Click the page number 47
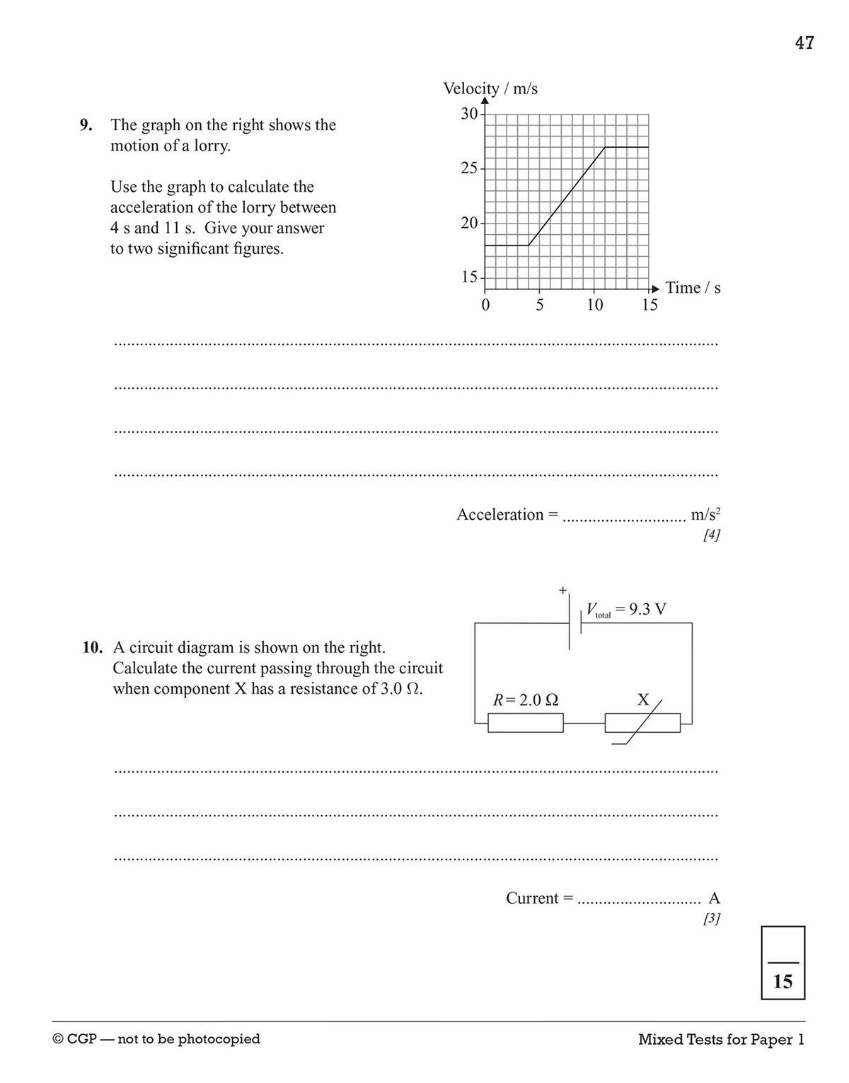click(804, 43)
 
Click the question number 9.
click(86, 125)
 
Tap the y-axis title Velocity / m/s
click(490, 88)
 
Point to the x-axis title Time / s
click(693, 288)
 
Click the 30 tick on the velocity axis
click(469, 114)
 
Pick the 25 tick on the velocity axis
click(469, 168)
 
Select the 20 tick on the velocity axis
click(469, 223)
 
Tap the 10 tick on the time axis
click(594, 306)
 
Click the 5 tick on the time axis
click(540, 306)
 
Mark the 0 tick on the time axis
click(485, 306)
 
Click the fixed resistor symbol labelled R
click(526, 723)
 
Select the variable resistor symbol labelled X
click(642, 723)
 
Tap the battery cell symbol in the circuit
click(574, 622)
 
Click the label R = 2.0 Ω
click(526, 700)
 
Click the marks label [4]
click(711, 535)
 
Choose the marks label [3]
click(711, 919)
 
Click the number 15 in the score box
click(782, 982)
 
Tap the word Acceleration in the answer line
click(499, 515)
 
